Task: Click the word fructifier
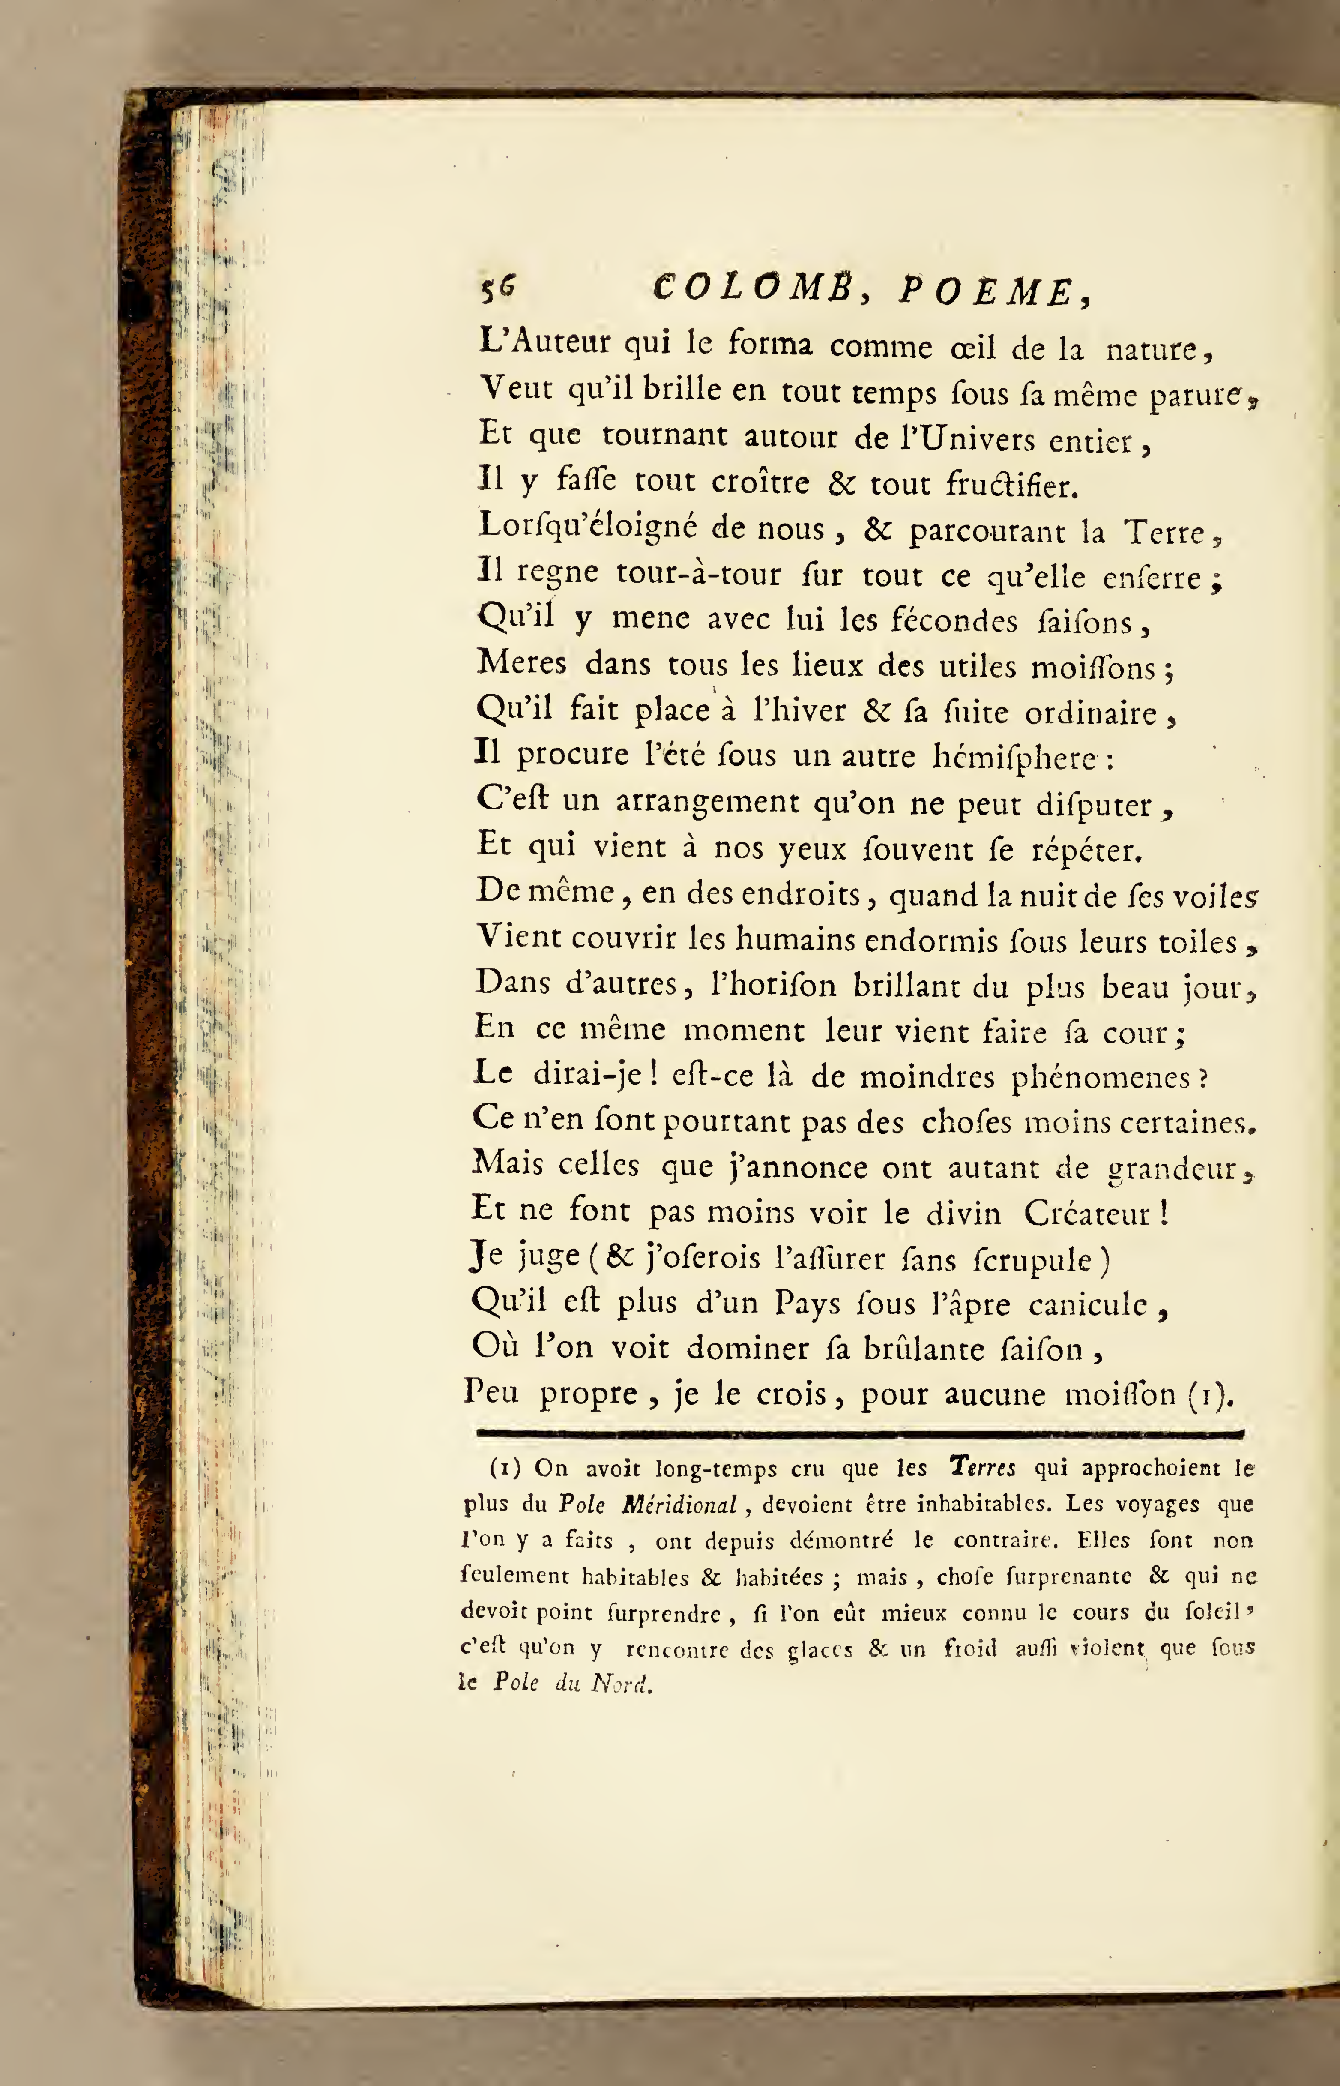tap(1011, 484)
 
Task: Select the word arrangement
tap(707, 800)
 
